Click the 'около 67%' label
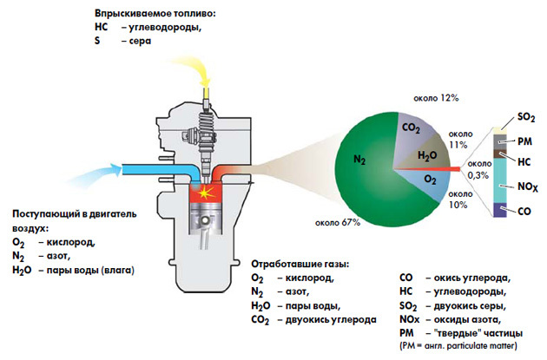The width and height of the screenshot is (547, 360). (x=337, y=222)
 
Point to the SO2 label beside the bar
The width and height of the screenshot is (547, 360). (x=525, y=115)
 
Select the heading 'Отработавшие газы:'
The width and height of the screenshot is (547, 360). (x=299, y=263)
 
